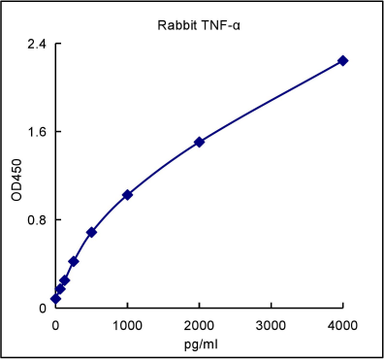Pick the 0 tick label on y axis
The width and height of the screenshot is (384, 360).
point(43,309)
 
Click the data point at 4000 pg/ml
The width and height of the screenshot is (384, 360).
point(342,61)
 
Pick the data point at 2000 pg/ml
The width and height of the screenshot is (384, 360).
point(199,142)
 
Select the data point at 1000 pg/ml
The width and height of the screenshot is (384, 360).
point(127,195)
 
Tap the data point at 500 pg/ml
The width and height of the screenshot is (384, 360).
point(91,233)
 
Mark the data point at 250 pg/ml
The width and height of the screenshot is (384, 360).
point(73,261)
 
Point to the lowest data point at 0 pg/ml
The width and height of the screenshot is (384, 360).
point(55,299)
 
